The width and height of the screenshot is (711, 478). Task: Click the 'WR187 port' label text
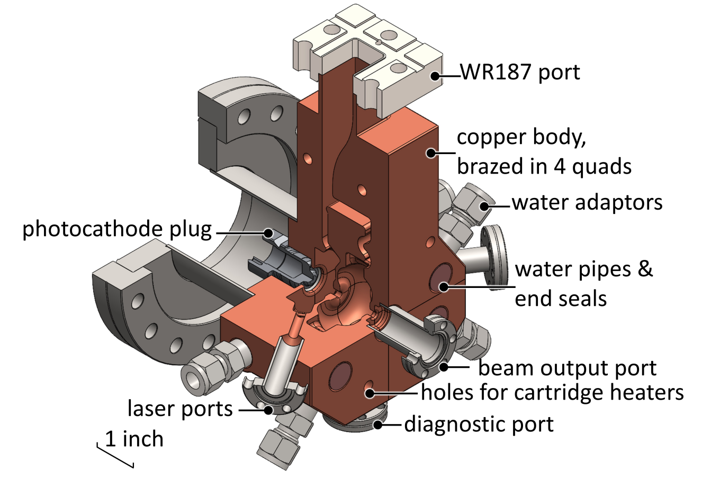click(520, 71)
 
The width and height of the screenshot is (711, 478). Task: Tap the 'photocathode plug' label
click(117, 230)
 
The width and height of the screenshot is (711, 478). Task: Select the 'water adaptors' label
click(587, 202)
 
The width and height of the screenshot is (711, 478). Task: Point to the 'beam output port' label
click(567, 368)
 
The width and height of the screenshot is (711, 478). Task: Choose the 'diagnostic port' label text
click(479, 424)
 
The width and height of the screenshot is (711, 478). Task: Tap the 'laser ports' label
click(180, 409)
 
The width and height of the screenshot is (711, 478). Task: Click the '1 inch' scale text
click(134, 439)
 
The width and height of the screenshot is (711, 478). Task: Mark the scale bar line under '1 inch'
click(115, 456)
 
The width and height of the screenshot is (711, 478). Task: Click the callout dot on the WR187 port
click(435, 76)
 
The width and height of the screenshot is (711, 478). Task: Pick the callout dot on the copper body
click(431, 153)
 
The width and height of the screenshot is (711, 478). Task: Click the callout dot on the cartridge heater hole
click(369, 393)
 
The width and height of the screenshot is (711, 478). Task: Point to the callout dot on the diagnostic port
click(378, 424)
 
